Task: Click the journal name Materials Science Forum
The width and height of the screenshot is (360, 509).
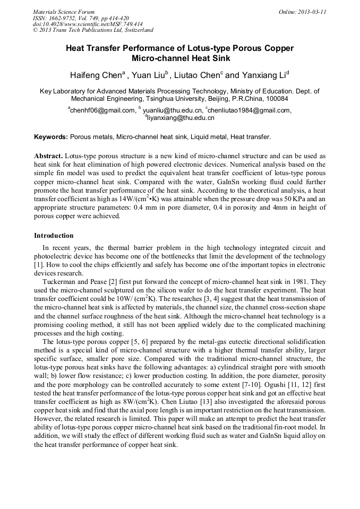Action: [64, 12]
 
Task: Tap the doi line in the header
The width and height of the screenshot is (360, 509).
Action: [87, 24]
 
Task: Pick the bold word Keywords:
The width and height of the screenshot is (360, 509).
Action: [51, 137]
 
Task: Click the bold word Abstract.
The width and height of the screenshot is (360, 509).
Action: [48, 156]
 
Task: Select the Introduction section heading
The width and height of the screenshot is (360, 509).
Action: [54, 235]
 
